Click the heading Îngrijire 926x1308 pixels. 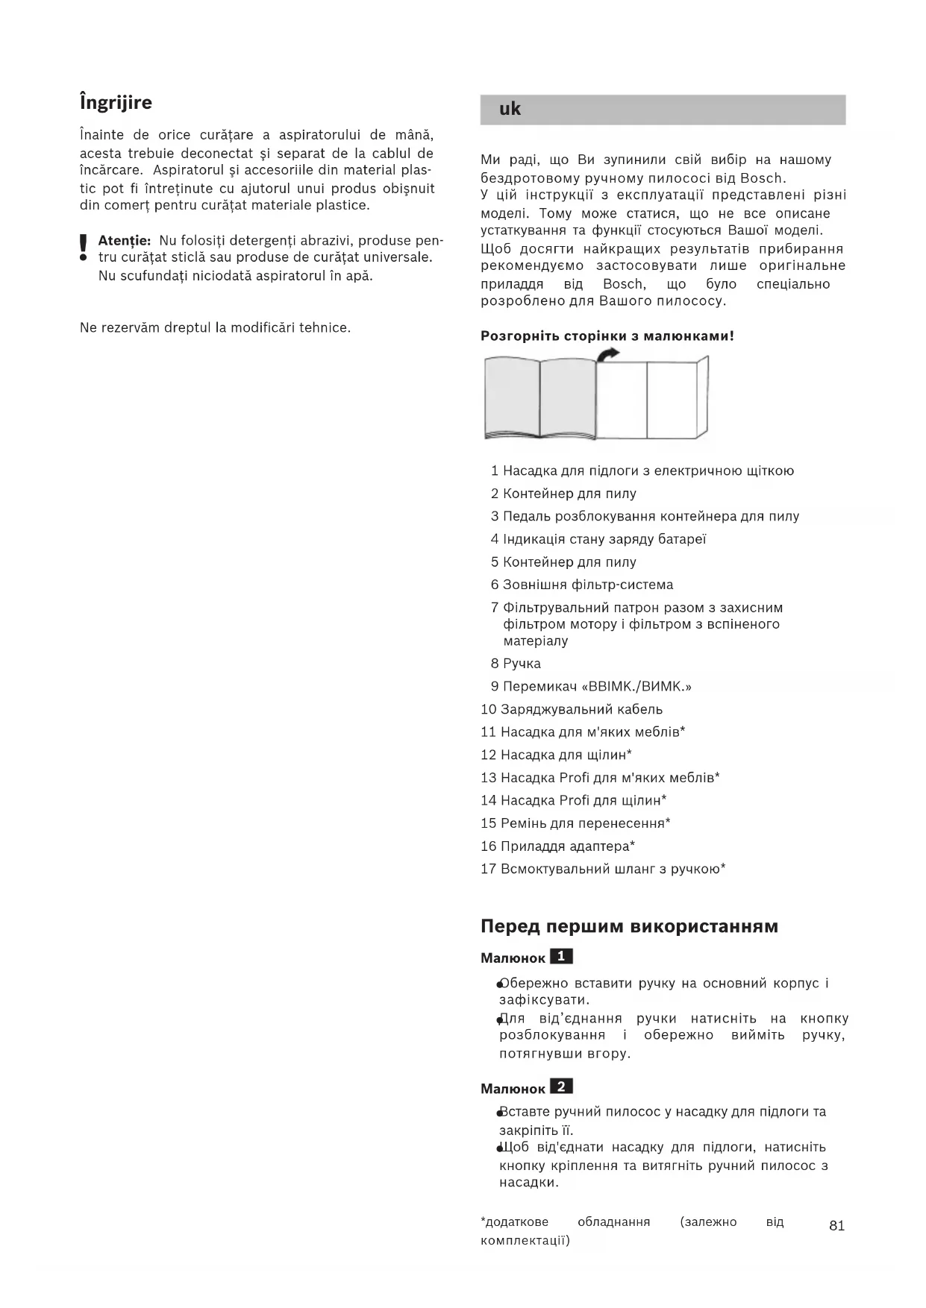point(116,103)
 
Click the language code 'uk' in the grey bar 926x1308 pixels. point(510,110)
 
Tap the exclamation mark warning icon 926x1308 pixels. point(84,248)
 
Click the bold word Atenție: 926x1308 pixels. point(125,241)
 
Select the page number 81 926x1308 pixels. point(836,1226)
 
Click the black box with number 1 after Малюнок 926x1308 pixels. point(561,957)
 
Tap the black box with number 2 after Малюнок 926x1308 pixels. point(561,1087)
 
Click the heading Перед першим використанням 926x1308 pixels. point(629,927)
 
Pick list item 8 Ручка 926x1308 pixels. point(516,664)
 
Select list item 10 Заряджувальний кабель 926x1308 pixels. point(572,709)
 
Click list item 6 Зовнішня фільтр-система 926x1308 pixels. point(582,585)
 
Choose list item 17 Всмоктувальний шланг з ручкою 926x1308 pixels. point(603,869)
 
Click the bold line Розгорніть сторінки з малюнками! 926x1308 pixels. point(607,336)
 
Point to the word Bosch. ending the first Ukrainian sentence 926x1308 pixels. point(763,178)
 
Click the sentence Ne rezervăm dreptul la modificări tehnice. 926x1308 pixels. point(215,328)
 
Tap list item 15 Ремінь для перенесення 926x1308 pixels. point(575,823)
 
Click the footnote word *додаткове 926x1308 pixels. point(515,1222)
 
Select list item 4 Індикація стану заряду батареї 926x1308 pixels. point(598,539)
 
